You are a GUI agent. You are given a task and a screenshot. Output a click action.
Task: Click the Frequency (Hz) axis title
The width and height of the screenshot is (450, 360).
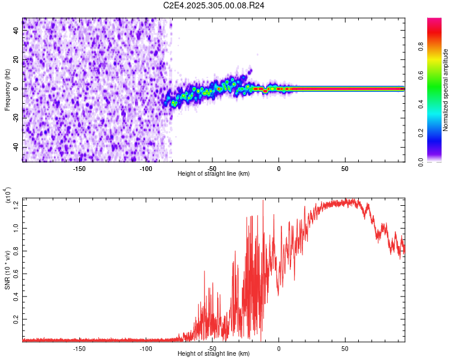[7, 90]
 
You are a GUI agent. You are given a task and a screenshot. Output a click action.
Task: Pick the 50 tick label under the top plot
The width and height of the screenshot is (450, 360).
[345, 168]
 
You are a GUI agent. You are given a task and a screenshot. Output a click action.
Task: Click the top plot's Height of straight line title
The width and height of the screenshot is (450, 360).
[214, 174]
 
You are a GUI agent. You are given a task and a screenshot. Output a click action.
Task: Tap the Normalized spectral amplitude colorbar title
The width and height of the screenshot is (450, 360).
[446, 90]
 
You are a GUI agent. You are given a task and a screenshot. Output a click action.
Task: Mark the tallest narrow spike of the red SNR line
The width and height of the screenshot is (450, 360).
[263, 201]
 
